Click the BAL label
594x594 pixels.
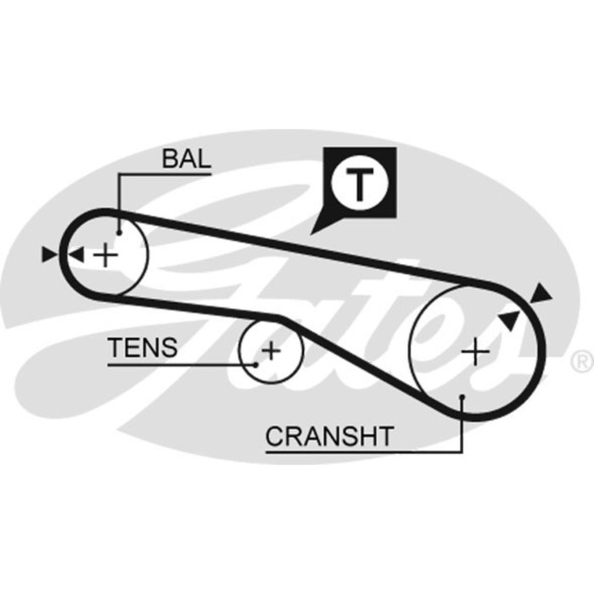(186, 159)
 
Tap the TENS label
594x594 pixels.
(143, 347)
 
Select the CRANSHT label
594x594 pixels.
(329, 436)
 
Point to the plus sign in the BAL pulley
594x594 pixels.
(105, 255)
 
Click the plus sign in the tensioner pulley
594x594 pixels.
(270, 349)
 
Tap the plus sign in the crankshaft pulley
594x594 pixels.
(475, 350)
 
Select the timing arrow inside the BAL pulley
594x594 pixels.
(76, 254)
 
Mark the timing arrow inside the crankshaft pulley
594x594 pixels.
(508, 320)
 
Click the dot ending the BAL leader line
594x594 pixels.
(120, 230)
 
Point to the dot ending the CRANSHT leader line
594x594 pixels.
(461, 396)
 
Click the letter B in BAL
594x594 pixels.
(170, 159)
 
